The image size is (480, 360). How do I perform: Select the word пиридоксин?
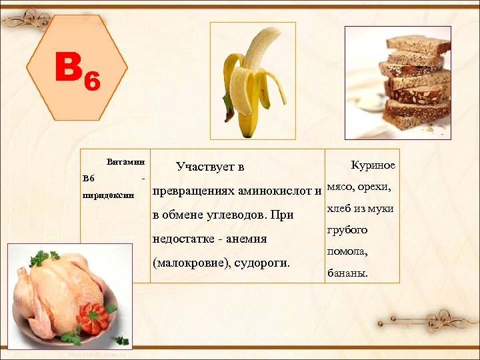click(x=108, y=196)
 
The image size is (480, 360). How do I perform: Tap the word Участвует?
click(x=203, y=167)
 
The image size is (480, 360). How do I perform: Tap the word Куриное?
click(x=373, y=165)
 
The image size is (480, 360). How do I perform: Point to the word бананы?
click(x=347, y=273)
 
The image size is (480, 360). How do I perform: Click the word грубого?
click(x=347, y=230)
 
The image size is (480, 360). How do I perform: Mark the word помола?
click(x=347, y=252)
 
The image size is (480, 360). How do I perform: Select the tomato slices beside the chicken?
click(x=93, y=317)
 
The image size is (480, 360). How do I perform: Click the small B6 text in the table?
click(x=89, y=179)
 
